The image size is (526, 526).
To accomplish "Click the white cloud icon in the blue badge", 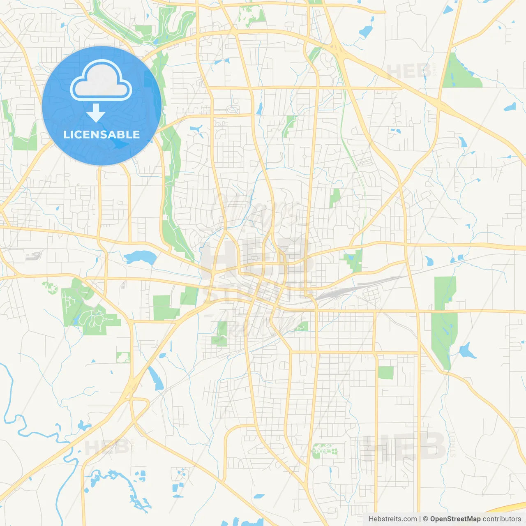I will click(x=101, y=81).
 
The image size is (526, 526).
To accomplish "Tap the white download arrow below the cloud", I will click(x=96, y=113).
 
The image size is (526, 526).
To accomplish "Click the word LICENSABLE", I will click(x=102, y=134).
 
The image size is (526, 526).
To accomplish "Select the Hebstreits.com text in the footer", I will click(x=392, y=519).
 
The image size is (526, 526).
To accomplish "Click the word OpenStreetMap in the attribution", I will click(x=455, y=519).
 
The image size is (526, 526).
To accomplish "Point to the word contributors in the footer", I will click(x=502, y=519).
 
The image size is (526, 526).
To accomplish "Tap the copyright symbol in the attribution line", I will click(x=425, y=519).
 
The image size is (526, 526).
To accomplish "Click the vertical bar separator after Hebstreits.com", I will click(x=420, y=519).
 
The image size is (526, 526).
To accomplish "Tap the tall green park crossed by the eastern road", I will click(x=444, y=321).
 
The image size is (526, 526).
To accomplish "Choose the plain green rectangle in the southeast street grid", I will click(x=385, y=373).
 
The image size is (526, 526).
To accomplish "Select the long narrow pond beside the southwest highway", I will click(x=156, y=378).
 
